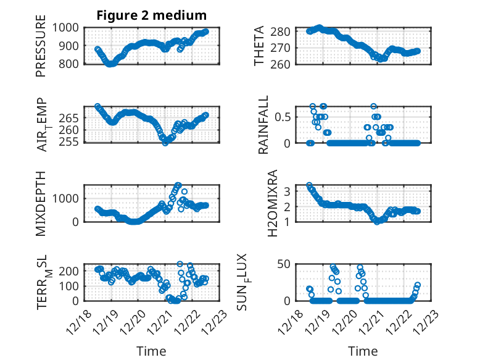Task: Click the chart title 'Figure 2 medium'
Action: coord(151,15)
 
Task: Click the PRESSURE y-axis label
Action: coord(41,50)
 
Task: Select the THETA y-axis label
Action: coord(259,46)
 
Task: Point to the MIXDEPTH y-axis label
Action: coord(41,203)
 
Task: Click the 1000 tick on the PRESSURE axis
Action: coord(65,27)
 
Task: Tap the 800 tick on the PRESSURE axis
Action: coord(68,64)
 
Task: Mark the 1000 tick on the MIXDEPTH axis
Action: coord(65,198)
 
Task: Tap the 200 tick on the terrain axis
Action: coord(68,270)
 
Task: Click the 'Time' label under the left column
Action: coord(151,351)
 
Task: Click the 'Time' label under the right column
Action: coord(363,351)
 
